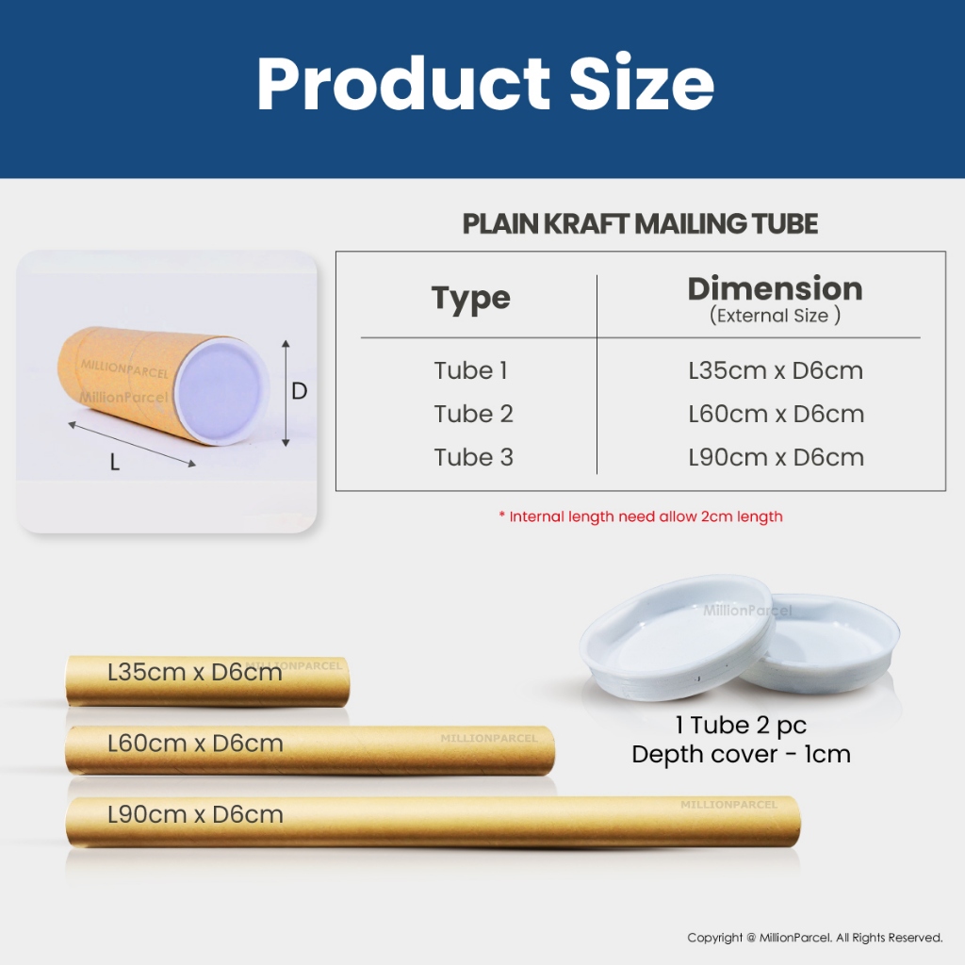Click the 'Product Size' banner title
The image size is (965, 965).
coord(485,84)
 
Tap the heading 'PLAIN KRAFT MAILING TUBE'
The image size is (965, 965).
coord(640,224)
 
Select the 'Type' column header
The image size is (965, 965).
coord(471,299)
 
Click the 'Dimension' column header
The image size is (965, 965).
coord(775,288)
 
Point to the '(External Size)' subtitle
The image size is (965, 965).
coord(775,316)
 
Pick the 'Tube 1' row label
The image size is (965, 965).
coord(471,370)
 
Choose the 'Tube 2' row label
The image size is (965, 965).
coord(473,415)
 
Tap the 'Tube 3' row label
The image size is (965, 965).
coord(473,457)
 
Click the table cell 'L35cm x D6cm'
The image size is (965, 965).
coord(776,370)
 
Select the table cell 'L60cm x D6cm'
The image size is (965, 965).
coord(777,415)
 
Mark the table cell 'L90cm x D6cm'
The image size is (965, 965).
coord(777,457)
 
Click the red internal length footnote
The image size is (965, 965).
coord(641,516)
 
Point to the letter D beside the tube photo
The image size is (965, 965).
coord(299,391)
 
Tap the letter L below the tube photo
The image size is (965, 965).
coord(114,462)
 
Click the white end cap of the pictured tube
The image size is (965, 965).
coord(221,393)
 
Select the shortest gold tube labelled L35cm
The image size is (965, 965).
coord(207,680)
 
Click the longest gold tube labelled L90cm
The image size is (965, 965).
coord(433,822)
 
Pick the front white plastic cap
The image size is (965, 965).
coord(677,637)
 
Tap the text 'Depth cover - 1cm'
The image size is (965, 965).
coord(741,755)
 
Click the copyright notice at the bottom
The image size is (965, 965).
coord(815,938)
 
